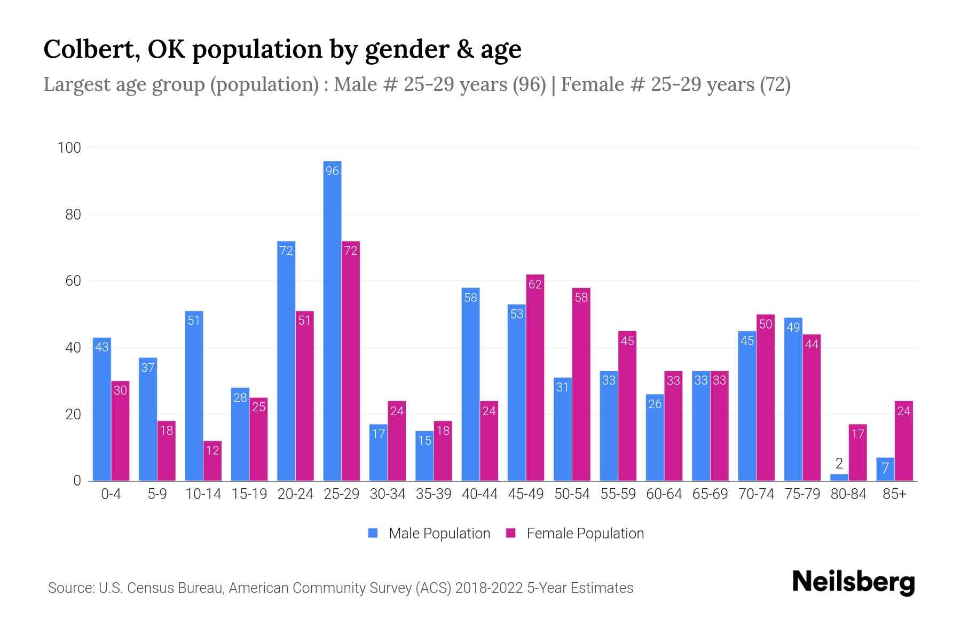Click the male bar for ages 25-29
coord(332,320)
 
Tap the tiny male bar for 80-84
coord(839,478)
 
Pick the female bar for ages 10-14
coord(212,461)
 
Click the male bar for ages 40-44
coord(470,385)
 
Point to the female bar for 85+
coord(904,441)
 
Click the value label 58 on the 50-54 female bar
coord(581,298)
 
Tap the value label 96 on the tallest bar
coord(332,171)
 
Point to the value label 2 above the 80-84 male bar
coord(839,464)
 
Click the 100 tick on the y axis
coord(69,148)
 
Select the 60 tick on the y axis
coord(73,281)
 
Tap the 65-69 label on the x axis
coord(710,494)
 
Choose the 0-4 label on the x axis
coord(111,494)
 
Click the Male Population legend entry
coord(439,534)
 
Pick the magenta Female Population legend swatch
coord(511,533)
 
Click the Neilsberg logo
coord(853,582)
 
